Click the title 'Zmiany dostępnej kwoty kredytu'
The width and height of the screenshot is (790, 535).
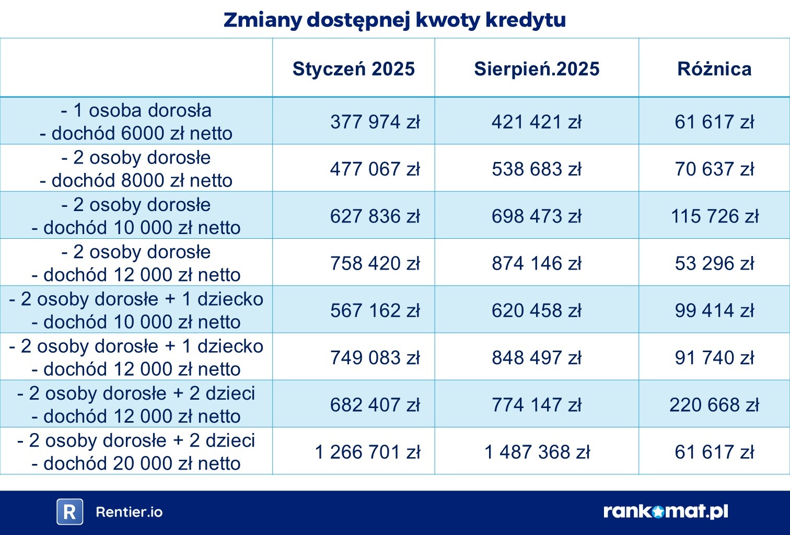tap(394, 20)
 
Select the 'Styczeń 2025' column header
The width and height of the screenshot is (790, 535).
tap(353, 68)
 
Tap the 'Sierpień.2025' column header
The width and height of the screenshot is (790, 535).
tap(537, 68)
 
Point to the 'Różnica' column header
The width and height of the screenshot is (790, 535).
tap(714, 68)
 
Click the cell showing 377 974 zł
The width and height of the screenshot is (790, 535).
tap(375, 122)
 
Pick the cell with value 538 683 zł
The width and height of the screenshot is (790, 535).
tap(537, 169)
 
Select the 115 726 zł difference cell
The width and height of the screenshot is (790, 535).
tap(714, 216)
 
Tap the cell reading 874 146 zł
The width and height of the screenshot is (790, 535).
tap(537, 263)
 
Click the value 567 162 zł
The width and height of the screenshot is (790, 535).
tap(375, 310)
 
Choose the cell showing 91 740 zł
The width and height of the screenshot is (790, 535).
tap(714, 357)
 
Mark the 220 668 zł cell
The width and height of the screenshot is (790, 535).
tap(714, 404)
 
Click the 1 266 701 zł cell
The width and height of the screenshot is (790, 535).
tap(367, 452)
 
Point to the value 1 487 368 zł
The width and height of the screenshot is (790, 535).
tap(537, 452)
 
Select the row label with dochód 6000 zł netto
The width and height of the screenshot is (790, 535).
tap(136, 122)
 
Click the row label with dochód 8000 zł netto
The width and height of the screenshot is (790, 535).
tap(136, 169)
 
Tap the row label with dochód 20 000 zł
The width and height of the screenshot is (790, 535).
tap(136, 452)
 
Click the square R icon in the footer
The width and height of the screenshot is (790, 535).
tap(69, 512)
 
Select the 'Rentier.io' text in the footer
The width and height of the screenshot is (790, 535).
tap(129, 512)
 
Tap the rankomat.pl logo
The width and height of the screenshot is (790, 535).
tap(666, 511)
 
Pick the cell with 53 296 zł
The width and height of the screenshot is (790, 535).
tap(714, 263)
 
